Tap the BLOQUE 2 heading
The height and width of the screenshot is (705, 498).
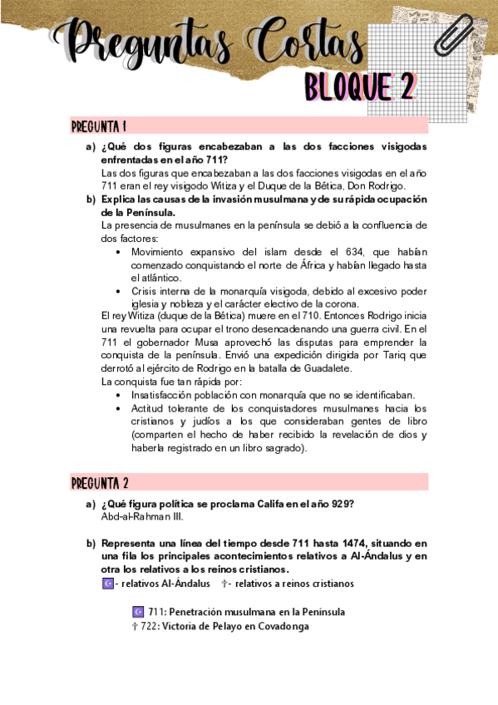[x=360, y=86]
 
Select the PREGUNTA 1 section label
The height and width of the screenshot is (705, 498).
[x=98, y=126]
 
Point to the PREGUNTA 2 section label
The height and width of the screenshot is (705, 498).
[x=99, y=483]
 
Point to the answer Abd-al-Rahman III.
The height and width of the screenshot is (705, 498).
[x=141, y=516]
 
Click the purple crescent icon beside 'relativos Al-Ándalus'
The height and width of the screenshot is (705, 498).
[x=106, y=584]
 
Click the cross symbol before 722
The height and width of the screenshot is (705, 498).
[x=135, y=626]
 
